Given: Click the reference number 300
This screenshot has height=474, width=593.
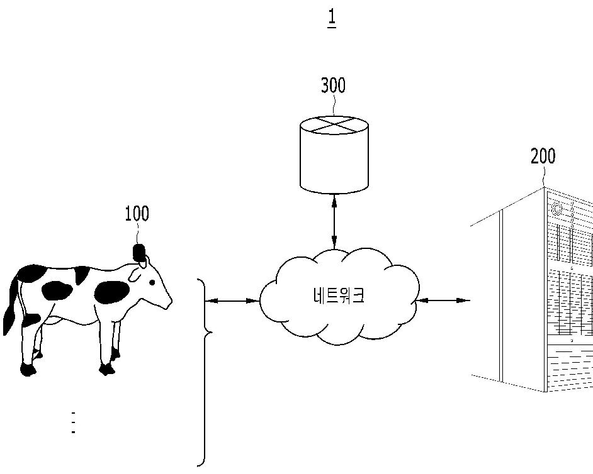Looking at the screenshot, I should [333, 85].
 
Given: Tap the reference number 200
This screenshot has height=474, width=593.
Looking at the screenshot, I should [543, 157].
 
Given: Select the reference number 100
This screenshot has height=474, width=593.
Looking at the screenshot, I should [137, 214].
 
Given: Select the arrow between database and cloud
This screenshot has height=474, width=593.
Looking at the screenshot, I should [334, 221].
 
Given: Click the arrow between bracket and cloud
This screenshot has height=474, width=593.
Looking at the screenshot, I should [232, 300].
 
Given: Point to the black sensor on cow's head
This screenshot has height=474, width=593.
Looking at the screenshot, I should [138, 252].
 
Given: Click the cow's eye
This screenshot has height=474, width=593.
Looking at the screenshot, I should [152, 282].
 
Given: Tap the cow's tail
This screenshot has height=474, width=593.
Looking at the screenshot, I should [11, 308].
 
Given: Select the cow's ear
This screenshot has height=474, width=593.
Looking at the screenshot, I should [134, 275].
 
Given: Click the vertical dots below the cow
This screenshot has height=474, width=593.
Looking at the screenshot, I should [74, 422].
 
